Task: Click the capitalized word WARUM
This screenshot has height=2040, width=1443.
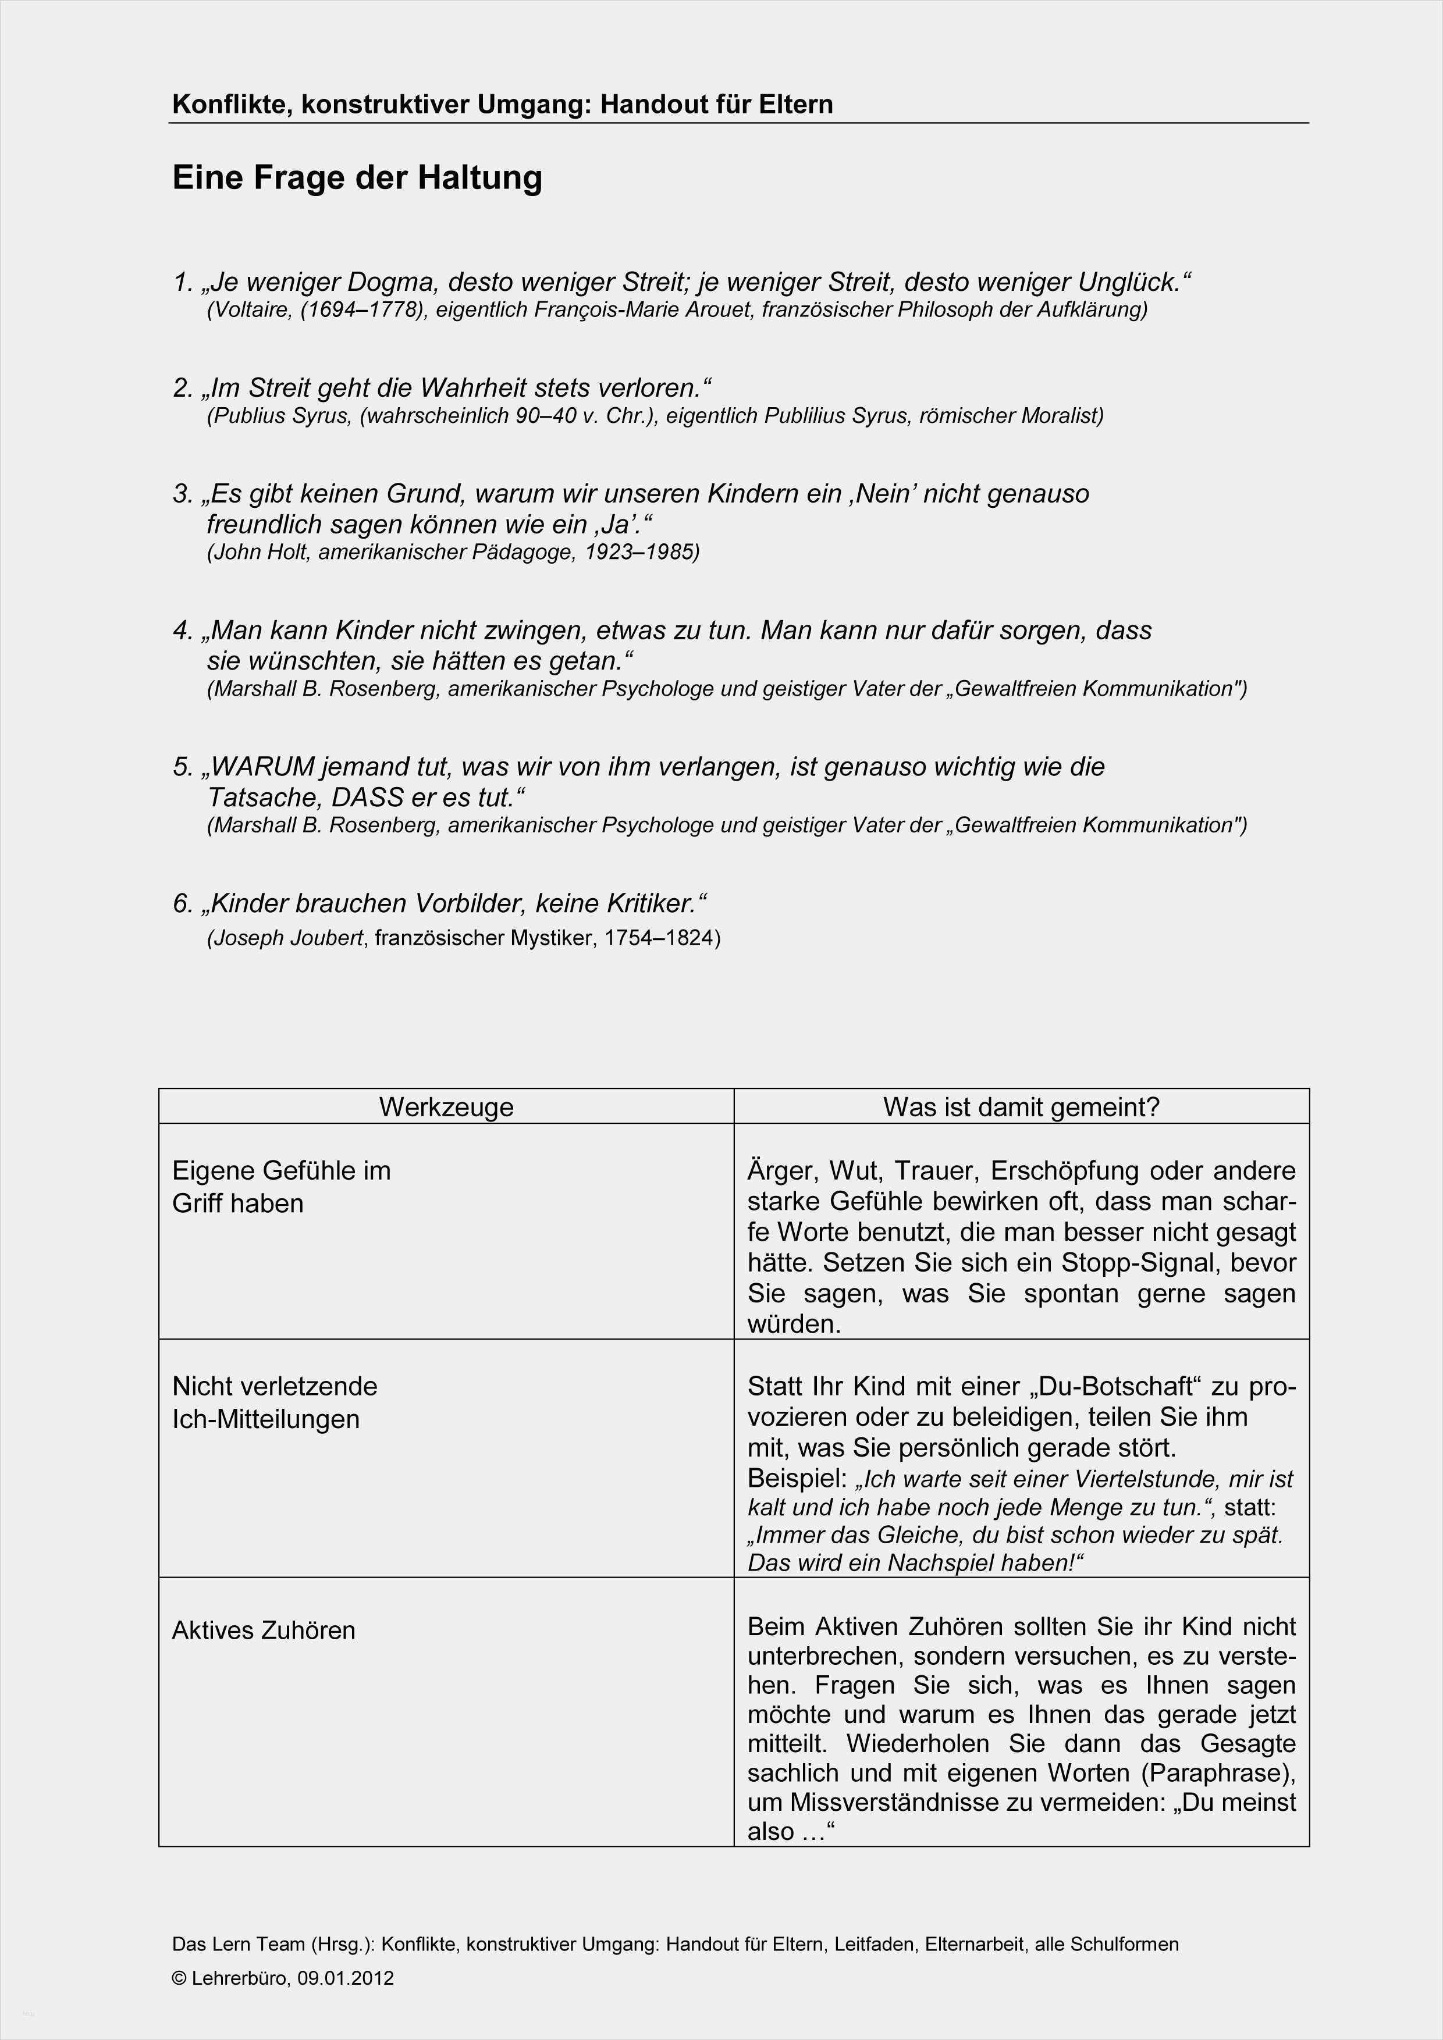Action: pyautogui.click(x=263, y=767)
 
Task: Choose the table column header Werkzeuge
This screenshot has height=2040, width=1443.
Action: pyautogui.click(x=446, y=1107)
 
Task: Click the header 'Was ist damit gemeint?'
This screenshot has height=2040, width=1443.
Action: pyautogui.click(x=1021, y=1107)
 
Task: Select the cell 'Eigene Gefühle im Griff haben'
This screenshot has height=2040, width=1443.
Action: pyautogui.click(x=281, y=1187)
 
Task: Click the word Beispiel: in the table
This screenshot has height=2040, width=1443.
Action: pyautogui.click(x=797, y=1479)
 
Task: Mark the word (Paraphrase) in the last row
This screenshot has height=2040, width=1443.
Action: pyautogui.click(x=1217, y=1772)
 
